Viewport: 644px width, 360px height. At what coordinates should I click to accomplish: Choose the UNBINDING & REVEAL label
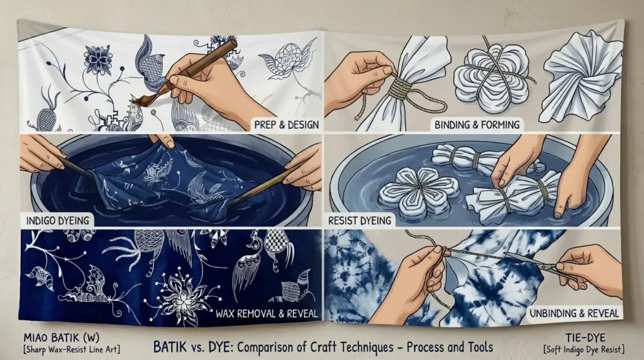[574, 313]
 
